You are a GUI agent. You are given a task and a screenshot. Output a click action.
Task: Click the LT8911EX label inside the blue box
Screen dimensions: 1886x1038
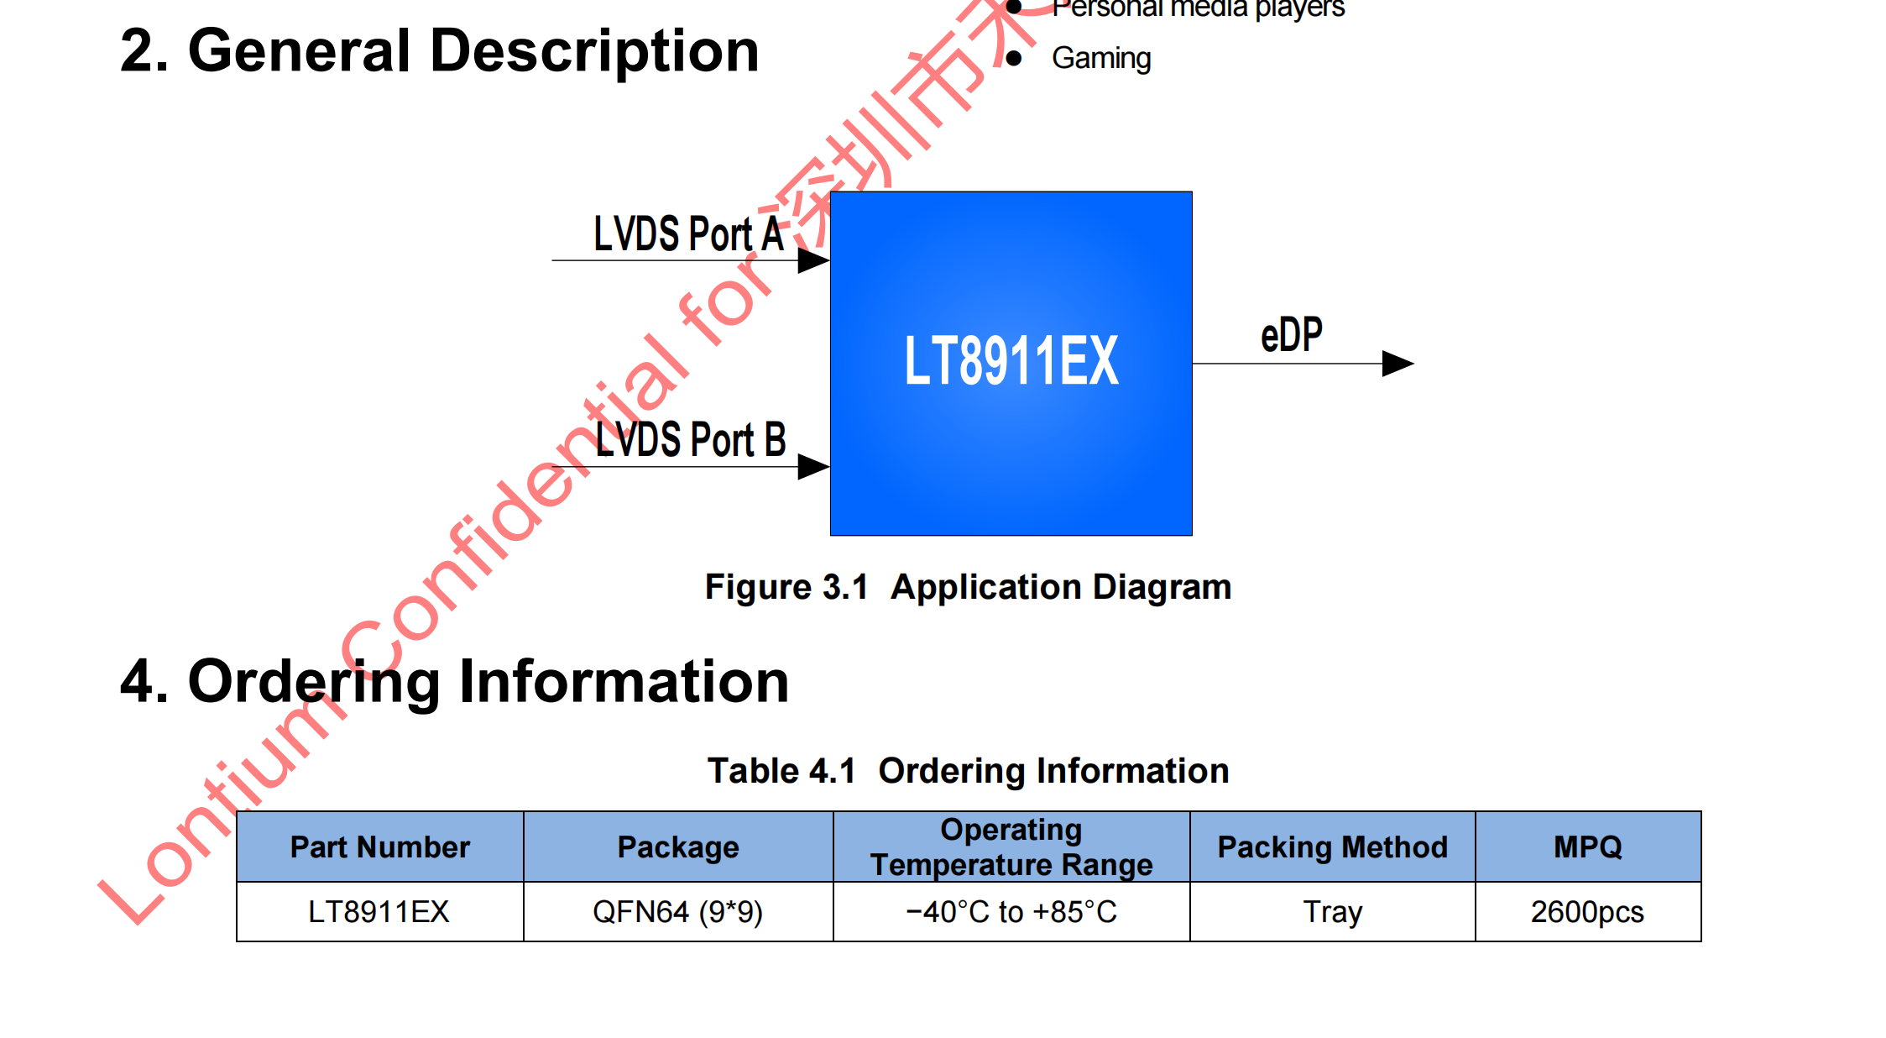[x=1011, y=361]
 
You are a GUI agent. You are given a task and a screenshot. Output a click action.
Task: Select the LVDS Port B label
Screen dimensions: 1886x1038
[x=690, y=439]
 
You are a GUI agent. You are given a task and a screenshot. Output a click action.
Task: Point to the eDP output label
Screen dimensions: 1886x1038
[x=1291, y=335]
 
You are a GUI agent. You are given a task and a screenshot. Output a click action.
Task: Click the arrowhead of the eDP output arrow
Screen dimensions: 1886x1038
[x=1397, y=364]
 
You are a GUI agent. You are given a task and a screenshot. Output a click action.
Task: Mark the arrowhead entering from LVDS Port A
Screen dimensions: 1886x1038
[x=812, y=260]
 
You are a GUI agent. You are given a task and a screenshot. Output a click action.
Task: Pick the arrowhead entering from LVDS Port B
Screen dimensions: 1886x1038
[x=812, y=466]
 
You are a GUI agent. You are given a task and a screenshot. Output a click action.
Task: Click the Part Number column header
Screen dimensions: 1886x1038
[x=379, y=847]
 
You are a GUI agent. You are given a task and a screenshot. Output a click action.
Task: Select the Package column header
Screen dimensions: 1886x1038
[x=678, y=847]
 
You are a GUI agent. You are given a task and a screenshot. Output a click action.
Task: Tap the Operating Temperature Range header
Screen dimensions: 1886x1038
[x=1011, y=847]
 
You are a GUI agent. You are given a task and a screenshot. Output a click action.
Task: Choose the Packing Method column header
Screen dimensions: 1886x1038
[x=1332, y=847]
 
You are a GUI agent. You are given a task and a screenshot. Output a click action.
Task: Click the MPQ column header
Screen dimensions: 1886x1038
[x=1587, y=847]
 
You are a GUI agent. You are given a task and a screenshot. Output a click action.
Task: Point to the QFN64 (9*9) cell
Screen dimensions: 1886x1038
[x=678, y=911]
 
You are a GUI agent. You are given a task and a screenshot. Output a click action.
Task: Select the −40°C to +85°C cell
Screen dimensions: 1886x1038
[x=1011, y=911]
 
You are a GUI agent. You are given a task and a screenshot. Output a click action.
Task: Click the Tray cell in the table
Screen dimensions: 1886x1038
[x=1332, y=911]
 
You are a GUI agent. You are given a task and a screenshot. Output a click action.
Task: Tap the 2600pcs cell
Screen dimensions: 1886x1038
[x=1587, y=911]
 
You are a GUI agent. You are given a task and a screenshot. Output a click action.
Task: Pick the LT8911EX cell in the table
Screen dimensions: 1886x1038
[x=379, y=911]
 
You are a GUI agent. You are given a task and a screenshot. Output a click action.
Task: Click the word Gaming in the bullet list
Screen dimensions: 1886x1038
[x=1101, y=58]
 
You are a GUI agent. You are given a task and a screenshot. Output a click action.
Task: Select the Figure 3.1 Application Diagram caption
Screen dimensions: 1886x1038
[x=968, y=587]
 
